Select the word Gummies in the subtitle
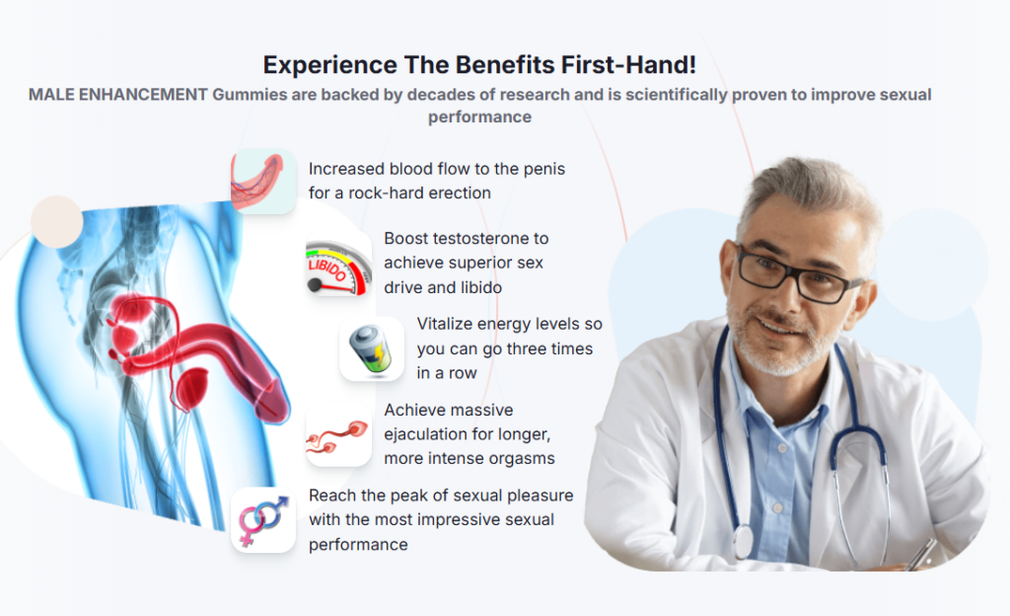250,95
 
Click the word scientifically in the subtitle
676,96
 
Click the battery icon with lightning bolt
371,349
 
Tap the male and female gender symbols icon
262,520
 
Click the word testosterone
478,239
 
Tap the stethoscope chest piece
743,541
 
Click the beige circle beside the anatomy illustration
56,222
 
